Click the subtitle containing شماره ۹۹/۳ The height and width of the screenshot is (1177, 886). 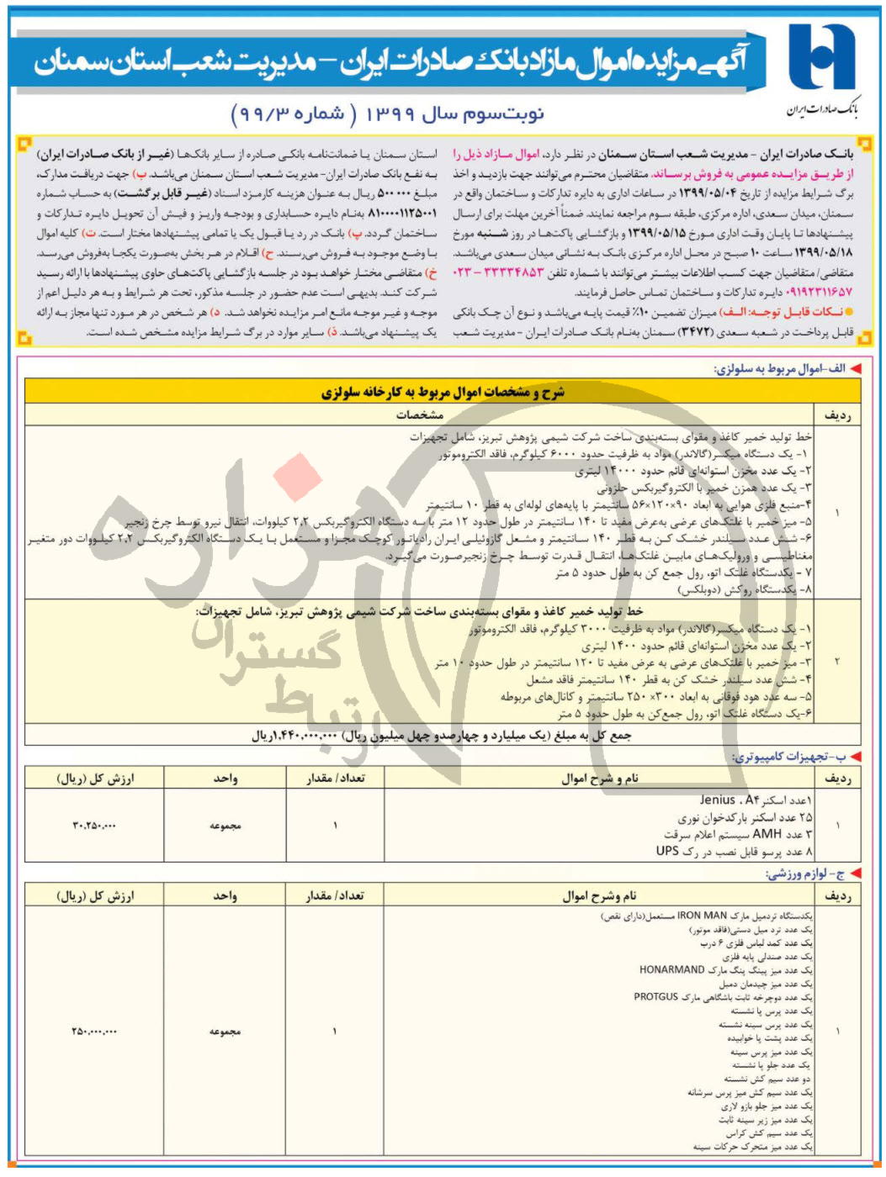click(x=387, y=113)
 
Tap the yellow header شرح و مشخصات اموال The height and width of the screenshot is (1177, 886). click(x=443, y=392)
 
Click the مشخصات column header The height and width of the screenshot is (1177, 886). click(x=420, y=414)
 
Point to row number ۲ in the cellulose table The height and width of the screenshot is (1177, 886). click(x=837, y=662)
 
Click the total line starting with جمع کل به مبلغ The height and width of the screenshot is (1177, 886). click(x=441, y=735)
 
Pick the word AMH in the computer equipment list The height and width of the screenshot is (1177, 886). click(x=767, y=834)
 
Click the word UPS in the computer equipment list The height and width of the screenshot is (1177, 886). click(x=667, y=851)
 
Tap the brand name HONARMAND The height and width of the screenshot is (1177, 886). click(x=671, y=969)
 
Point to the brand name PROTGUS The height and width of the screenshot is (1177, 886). click(x=656, y=997)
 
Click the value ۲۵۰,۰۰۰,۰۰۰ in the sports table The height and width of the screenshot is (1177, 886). click(x=94, y=1031)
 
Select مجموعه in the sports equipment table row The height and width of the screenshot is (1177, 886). click(x=225, y=1031)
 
